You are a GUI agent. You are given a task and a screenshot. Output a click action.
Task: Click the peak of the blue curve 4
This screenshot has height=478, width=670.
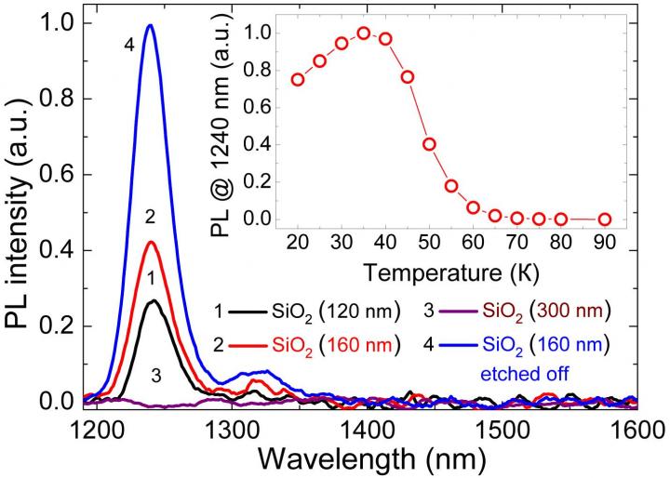point(150,25)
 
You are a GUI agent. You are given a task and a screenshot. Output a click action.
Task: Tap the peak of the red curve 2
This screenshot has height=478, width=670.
point(151,242)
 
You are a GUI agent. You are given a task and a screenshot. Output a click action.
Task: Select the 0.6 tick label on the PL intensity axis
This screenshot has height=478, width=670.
point(53,174)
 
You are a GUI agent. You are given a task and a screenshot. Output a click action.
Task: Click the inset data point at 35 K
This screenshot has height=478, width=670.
point(364,33)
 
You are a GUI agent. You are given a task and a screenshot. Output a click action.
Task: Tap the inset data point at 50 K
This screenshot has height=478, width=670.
point(429,144)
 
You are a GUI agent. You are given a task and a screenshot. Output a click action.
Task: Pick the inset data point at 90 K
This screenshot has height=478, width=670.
point(605,219)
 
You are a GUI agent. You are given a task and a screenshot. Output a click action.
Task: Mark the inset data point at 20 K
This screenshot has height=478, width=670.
point(298,79)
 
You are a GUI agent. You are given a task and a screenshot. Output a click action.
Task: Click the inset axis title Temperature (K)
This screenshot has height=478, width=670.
point(450,272)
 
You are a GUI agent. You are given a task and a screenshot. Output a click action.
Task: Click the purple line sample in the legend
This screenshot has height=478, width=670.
point(459,312)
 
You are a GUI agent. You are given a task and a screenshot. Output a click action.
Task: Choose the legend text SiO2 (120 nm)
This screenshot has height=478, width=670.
point(335,312)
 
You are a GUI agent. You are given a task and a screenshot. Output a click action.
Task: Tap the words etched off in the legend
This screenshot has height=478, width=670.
point(525,374)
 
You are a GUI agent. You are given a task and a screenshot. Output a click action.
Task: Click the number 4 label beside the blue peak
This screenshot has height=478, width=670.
point(130,46)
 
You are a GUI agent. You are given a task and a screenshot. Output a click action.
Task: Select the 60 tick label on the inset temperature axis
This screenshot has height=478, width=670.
point(473,243)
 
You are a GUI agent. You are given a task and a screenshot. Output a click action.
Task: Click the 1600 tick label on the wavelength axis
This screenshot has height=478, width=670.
point(636,429)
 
